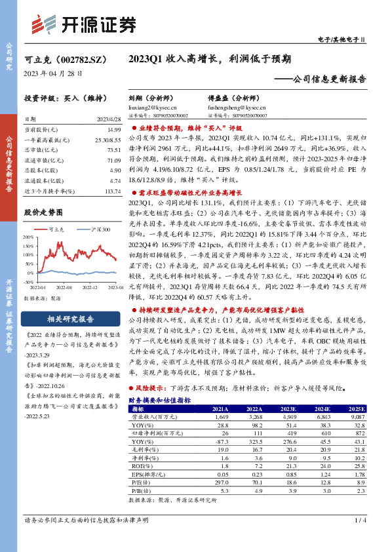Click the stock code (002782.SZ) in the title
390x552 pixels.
pyautogui.click(x=81, y=58)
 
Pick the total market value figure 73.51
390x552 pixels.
pyautogui.click(x=113, y=150)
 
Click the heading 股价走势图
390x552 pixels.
pyautogui.click(x=45, y=212)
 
